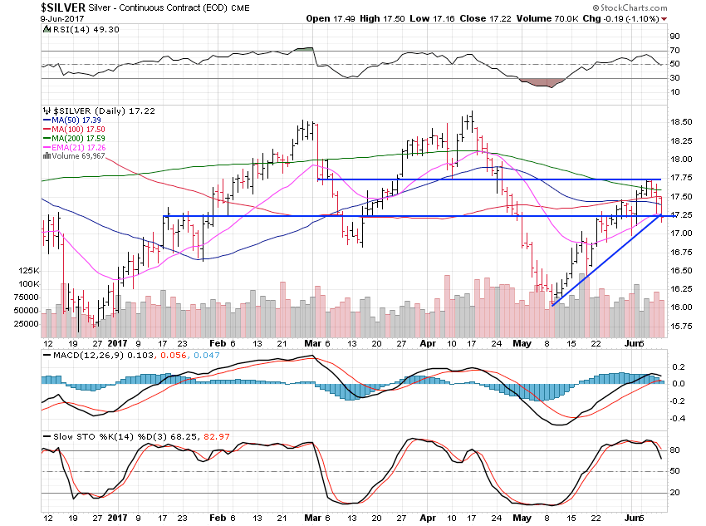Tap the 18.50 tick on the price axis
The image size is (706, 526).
[x=681, y=121]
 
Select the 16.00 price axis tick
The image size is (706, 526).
[x=681, y=307]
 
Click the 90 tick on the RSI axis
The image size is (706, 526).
[x=675, y=37]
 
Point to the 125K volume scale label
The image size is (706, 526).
[x=28, y=271]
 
